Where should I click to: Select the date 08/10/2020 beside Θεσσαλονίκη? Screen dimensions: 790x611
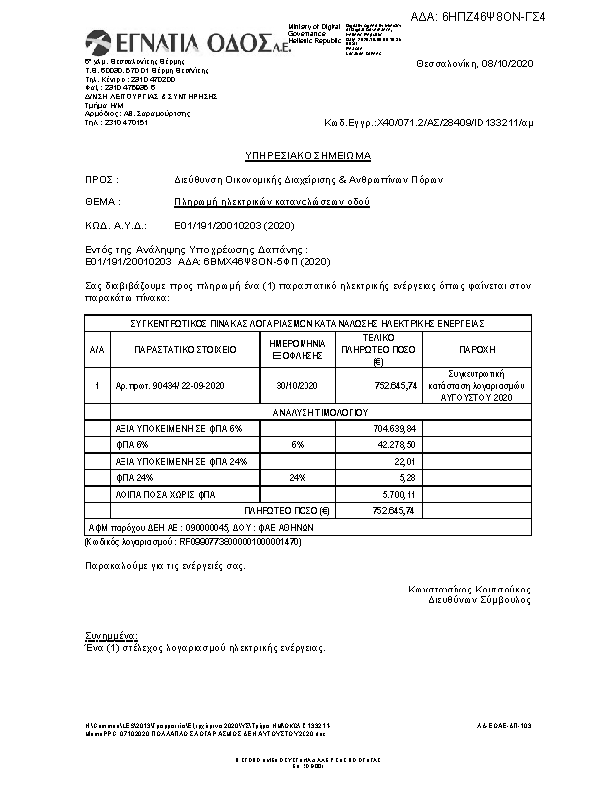tap(503, 63)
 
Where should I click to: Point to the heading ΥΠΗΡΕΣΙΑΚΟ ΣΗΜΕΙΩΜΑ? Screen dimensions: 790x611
tap(308, 157)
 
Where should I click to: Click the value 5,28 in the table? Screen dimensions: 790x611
tap(405, 477)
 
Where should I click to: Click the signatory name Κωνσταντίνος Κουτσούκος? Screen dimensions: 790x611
tap(469, 589)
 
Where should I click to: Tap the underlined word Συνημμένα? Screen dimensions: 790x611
tap(111, 635)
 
